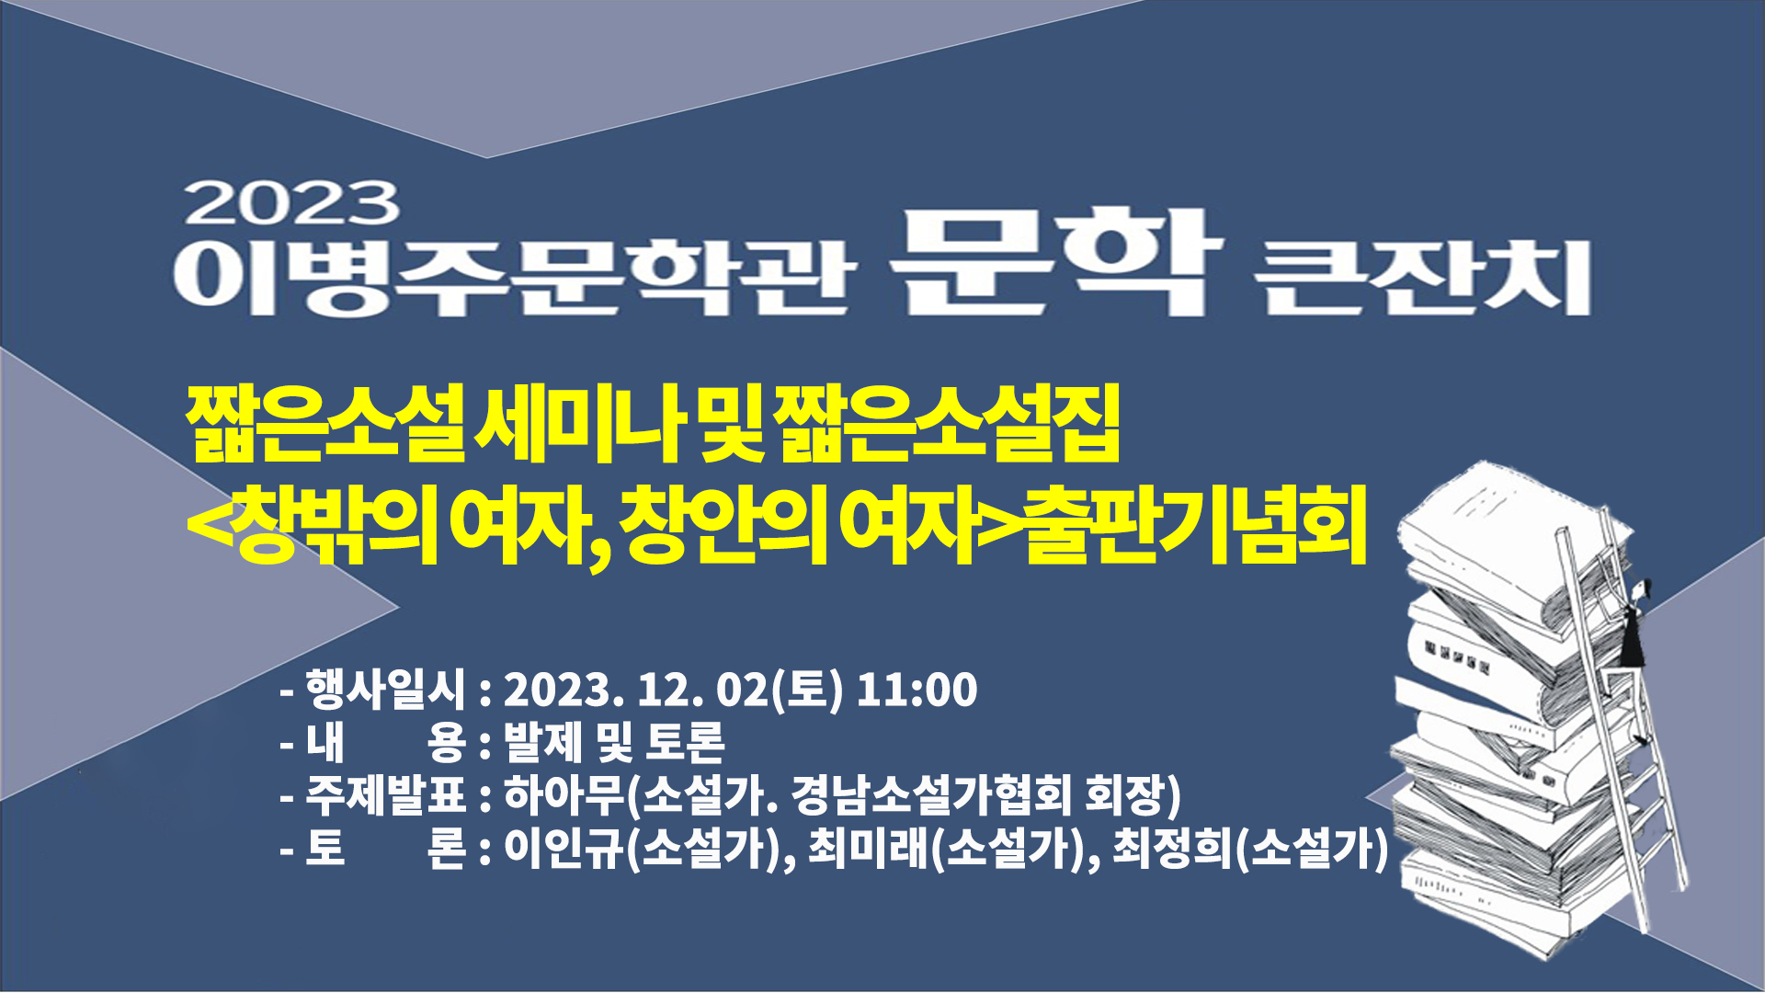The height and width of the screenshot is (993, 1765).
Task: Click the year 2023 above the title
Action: (292, 203)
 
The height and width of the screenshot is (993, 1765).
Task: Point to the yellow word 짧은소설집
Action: (947, 425)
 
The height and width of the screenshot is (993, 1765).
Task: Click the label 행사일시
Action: (386, 690)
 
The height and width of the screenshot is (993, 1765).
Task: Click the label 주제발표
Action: (386, 795)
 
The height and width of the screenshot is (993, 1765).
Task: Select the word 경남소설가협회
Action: (931, 795)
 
